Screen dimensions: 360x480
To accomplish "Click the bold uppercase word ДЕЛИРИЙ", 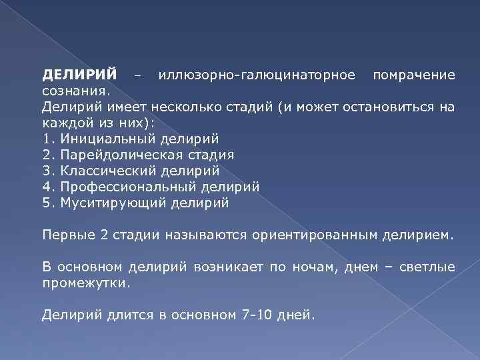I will [79, 75].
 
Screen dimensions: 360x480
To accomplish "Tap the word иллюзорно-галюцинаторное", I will [257, 75].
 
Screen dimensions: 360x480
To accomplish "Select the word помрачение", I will [414, 75].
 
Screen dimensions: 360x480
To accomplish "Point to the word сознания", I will [74, 90].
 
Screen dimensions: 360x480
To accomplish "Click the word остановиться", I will [393, 107].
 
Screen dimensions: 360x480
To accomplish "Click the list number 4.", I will [46, 187].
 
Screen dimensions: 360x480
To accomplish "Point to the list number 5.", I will [46, 203].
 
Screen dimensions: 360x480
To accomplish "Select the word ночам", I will [307, 267].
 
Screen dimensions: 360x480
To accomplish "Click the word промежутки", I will [85, 282].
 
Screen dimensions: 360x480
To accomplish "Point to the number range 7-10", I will [256, 314].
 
